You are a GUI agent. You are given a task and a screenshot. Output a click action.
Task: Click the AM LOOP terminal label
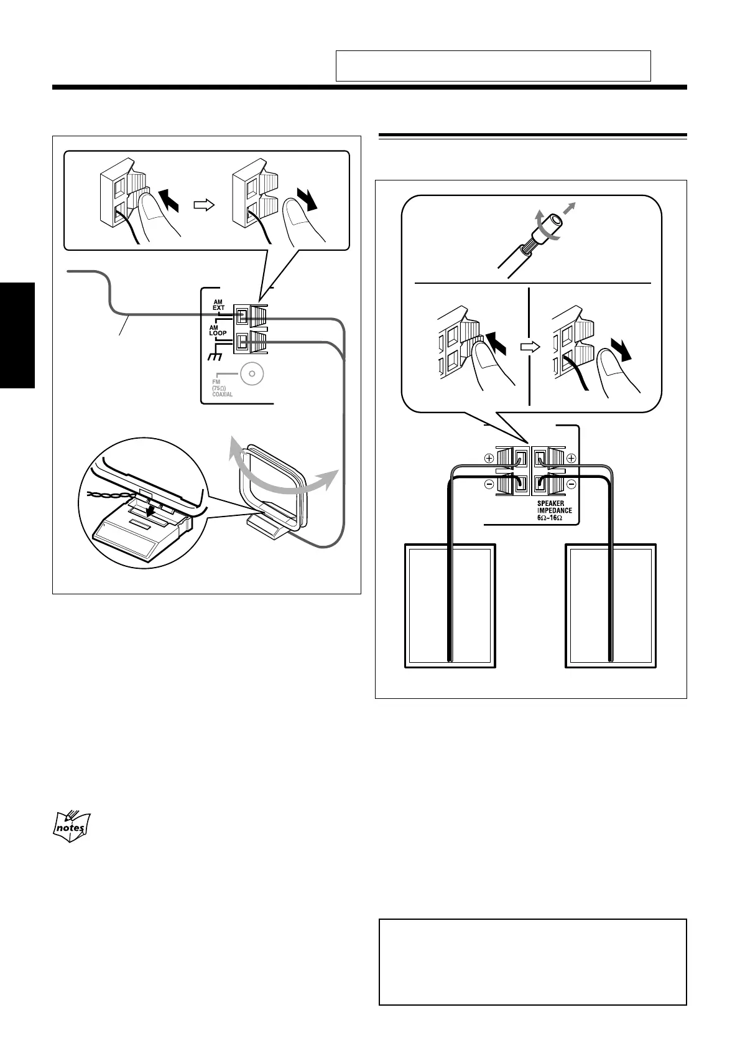(x=217, y=330)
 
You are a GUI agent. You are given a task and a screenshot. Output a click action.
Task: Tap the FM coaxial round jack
(x=252, y=375)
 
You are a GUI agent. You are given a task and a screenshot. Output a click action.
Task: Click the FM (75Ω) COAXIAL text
(x=222, y=388)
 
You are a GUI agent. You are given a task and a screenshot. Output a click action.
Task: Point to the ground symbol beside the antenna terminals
(x=215, y=358)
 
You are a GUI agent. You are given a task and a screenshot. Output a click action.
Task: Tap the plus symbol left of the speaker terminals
(x=489, y=458)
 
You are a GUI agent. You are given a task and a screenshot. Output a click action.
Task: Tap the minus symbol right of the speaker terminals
(x=571, y=484)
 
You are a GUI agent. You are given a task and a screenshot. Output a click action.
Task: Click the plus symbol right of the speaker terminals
(x=571, y=458)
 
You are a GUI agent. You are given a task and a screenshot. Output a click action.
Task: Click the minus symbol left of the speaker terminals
(x=489, y=484)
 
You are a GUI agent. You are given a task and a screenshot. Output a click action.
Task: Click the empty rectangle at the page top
(x=493, y=66)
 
